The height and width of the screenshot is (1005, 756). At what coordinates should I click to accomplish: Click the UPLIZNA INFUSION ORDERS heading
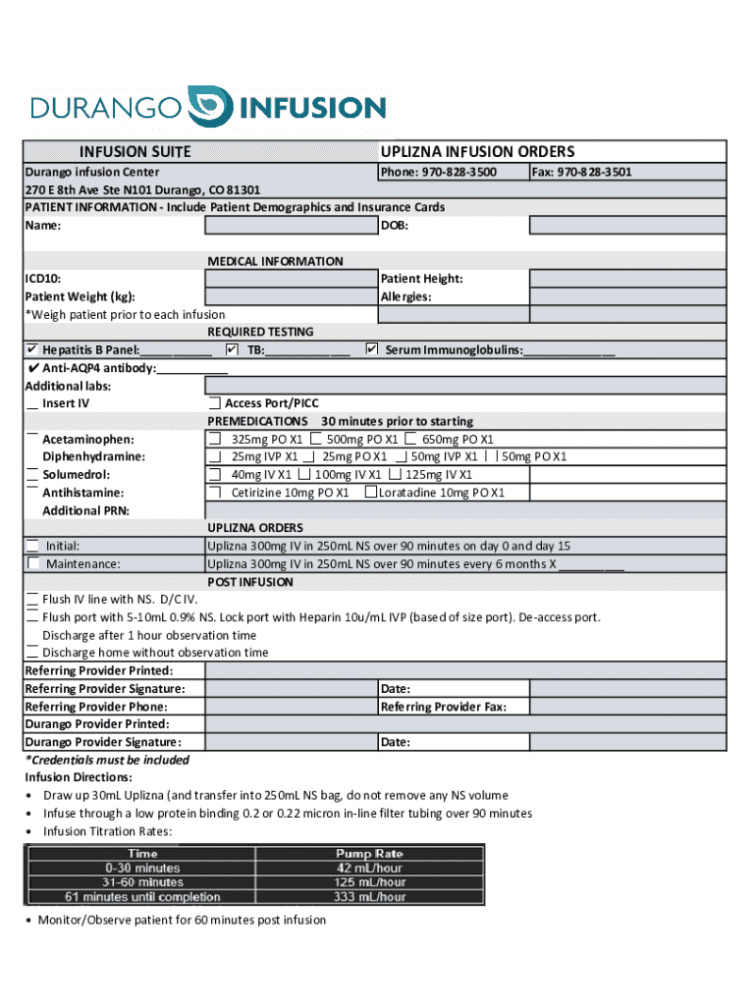point(477,151)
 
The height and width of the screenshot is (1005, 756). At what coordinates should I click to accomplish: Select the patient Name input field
point(291,226)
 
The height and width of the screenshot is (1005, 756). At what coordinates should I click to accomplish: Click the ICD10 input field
point(291,279)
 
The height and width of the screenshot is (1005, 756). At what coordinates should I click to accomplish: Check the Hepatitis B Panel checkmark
point(32,350)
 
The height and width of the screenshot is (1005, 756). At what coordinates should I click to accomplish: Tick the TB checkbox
point(232,349)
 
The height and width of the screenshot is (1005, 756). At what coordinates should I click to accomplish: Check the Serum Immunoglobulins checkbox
point(371,349)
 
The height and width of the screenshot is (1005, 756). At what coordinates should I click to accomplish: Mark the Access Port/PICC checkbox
point(214,403)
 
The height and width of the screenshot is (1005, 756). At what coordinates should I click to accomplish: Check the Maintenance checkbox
point(34,563)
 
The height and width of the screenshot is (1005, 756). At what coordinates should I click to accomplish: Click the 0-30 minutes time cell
point(142,868)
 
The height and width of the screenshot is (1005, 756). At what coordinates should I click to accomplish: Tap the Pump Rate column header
point(369,854)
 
